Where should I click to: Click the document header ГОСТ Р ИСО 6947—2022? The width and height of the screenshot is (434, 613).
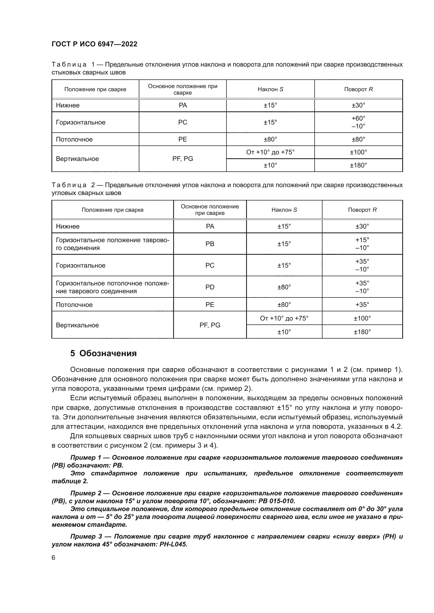[x=94, y=44]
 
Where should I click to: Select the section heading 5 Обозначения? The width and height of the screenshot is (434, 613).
[x=103, y=353]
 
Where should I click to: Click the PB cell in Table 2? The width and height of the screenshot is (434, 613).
[x=210, y=244]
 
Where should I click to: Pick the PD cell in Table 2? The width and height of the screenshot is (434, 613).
[x=210, y=287]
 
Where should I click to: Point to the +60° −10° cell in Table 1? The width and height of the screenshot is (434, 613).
[x=358, y=122]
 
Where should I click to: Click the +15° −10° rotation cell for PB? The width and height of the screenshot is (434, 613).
[x=362, y=244]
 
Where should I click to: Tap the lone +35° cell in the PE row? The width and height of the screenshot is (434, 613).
[x=362, y=305]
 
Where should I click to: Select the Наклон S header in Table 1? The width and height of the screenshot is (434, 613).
[x=270, y=89]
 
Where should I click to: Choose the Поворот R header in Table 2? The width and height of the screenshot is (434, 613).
[x=362, y=210]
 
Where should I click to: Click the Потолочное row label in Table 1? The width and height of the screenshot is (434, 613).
[x=74, y=139]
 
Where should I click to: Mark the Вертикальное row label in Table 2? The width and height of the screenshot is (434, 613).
[x=77, y=325]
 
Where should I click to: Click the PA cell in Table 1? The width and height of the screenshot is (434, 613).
[x=183, y=105]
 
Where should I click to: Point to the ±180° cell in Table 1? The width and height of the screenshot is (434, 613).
[x=358, y=165]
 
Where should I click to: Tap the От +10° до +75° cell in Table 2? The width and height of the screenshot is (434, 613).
[x=284, y=318]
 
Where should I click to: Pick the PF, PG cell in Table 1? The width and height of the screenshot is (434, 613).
[x=183, y=159]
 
